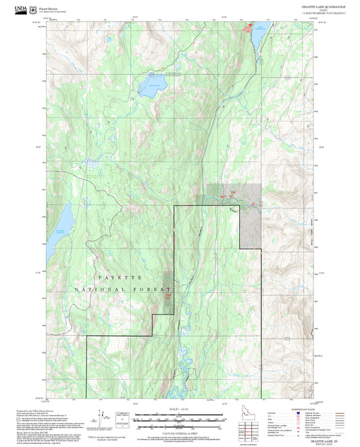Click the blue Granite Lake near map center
(x=153, y=86)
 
